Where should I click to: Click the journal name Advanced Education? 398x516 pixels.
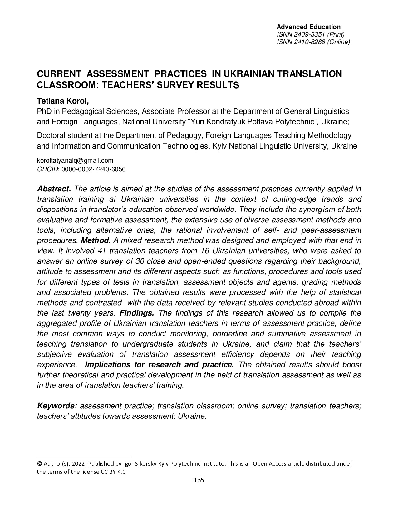(x=309, y=27)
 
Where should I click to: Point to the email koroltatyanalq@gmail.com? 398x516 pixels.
(x=75, y=160)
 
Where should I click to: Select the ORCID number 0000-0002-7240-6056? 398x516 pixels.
(x=94, y=169)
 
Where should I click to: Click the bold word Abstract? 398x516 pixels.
(x=54, y=189)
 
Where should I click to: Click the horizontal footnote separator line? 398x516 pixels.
(x=83, y=456)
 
